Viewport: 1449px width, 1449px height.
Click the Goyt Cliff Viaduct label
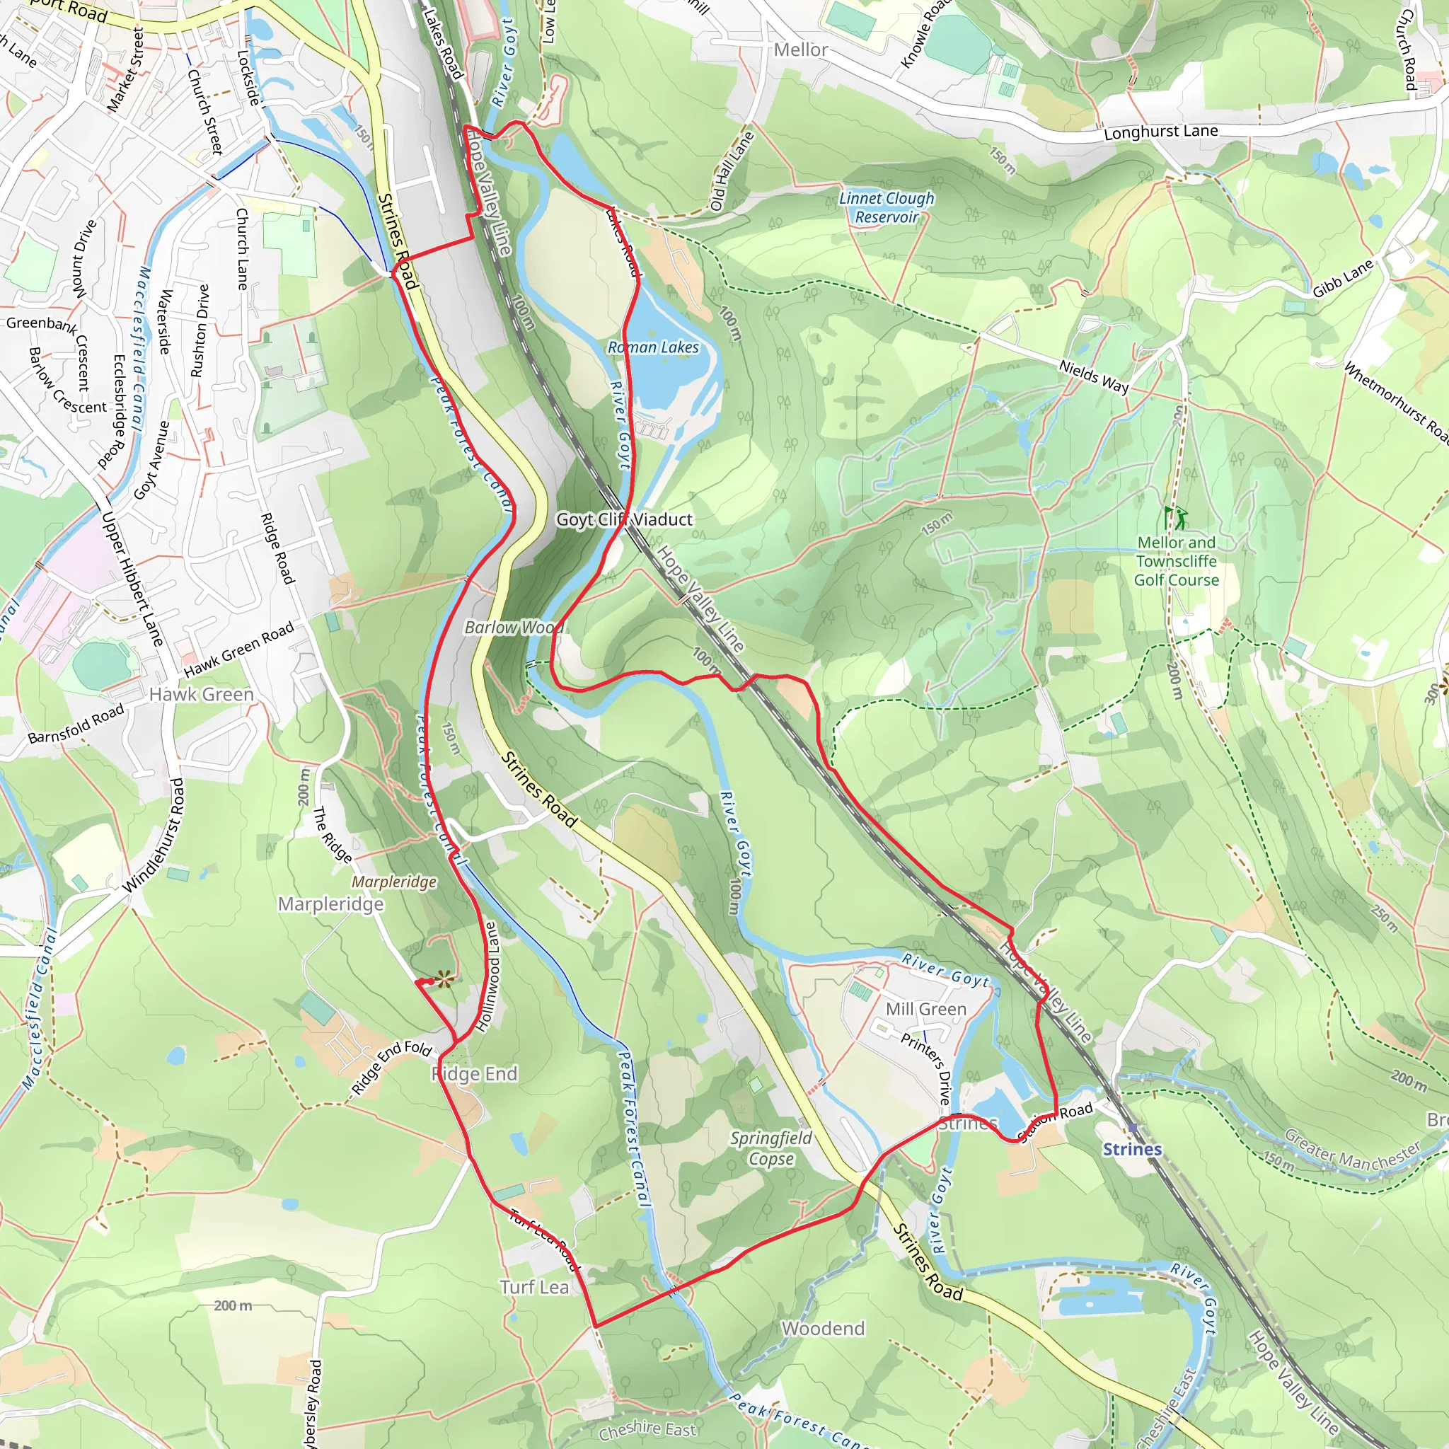(x=624, y=519)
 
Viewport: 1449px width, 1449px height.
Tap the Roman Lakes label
(x=652, y=347)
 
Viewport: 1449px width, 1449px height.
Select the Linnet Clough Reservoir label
(x=887, y=208)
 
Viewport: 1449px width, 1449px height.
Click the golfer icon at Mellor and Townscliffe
(x=1175, y=516)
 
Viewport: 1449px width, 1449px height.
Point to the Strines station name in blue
(x=1131, y=1149)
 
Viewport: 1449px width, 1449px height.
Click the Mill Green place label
(x=925, y=1010)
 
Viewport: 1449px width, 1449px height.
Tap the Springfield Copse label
(x=771, y=1148)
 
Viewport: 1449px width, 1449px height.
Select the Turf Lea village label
(x=534, y=1288)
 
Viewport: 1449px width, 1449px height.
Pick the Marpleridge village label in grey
(x=330, y=904)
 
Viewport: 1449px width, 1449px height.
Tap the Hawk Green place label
(x=201, y=695)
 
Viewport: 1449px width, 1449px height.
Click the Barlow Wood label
(x=513, y=627)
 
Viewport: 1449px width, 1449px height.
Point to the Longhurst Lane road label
(x=1160, y=132)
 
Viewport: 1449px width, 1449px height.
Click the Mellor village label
(x=800, y=50)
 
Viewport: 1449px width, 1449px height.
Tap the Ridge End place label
(x=475, y=1074)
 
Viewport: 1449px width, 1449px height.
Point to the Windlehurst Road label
(x=153, y=836)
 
